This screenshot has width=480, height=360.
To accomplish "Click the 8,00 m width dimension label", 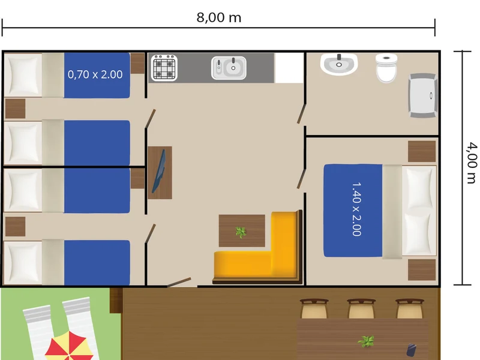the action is [218, 17].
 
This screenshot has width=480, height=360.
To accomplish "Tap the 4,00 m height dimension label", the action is [472, 162].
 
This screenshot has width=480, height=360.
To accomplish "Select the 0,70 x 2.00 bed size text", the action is [95, 74].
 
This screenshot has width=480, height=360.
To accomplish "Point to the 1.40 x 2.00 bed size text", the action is [356, 209].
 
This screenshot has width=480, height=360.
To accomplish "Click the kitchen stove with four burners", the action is [164, 68].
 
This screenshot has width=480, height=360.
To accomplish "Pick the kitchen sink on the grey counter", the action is [229, 68].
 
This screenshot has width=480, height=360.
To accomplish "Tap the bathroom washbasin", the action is [339, 64].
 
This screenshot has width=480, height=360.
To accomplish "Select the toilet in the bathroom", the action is [386, 68].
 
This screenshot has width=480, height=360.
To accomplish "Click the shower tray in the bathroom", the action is [423, 95].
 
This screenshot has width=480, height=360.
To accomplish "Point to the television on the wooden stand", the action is [158, 172].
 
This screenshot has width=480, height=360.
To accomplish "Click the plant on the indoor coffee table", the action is [241, 232].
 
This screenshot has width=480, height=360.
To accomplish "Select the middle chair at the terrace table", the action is [361, 308].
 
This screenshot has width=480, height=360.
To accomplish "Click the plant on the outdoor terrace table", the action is [366, 341].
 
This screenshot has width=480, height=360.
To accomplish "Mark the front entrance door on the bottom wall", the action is [179, 283].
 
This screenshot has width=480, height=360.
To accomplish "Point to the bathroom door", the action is [302, 114].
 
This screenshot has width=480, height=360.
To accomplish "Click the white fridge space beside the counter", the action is [289, 68].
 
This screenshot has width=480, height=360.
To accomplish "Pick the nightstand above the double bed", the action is [422, 151].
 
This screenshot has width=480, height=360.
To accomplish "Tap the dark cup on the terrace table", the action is [411, 350].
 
